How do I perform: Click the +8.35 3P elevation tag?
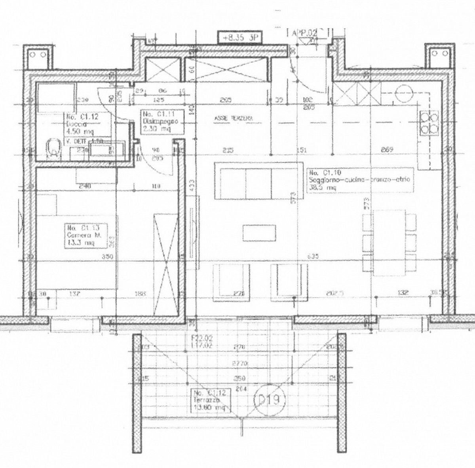point(237,38)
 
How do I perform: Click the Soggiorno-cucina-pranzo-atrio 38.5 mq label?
point(360,180)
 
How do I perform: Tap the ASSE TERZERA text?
point(233,118)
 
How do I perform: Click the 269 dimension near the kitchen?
point(387,149)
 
